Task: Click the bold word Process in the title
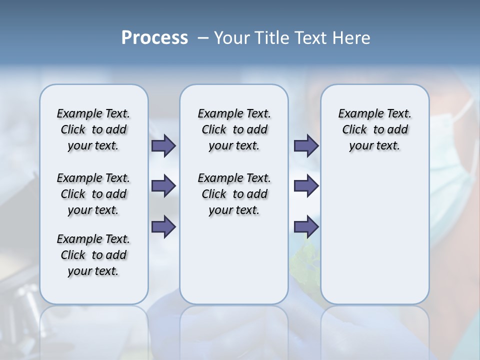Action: pyautogui.click(x=154, y=38)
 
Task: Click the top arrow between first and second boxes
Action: pyautogui.click(x=163, y=145)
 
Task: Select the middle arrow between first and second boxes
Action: pyautogui.click(x=163, y=186)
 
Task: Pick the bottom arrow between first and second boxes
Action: pyautogui.click(x=163, y=227)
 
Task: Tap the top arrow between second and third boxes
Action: pyautogui.click(x=306, y=145)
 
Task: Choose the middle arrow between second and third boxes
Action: pyautogui.click(x=306, y=186)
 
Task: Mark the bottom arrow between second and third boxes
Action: pyautogui.click(x=306, y=227)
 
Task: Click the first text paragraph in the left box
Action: pyautogui.click(x=93, y=129)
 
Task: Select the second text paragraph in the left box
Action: pyautogui.click(x=93, y=194)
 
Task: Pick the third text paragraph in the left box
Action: pyautogui.click(x=93, y=255)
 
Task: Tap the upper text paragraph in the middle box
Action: pyautogui.click(x=234, y=129)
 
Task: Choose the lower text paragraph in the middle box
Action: pyautogui.click(x=234, y=194)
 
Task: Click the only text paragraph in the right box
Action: pyautogui.click(x=374, y=129)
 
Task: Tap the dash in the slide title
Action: pyautogui.click(x=203, y=38)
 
